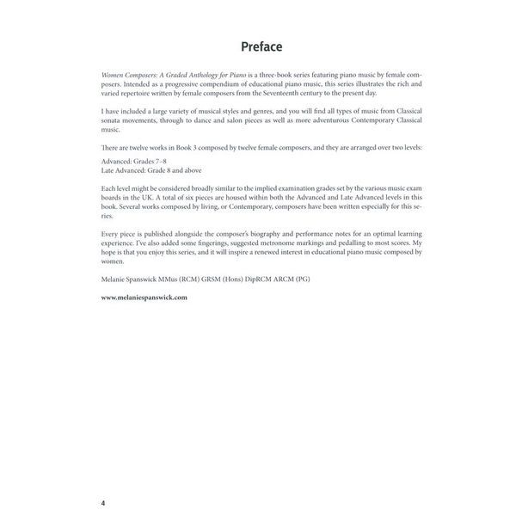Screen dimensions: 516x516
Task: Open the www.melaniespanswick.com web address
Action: [x=144, y=297]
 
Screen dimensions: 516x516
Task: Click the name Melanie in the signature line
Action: [x=115, y=280]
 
